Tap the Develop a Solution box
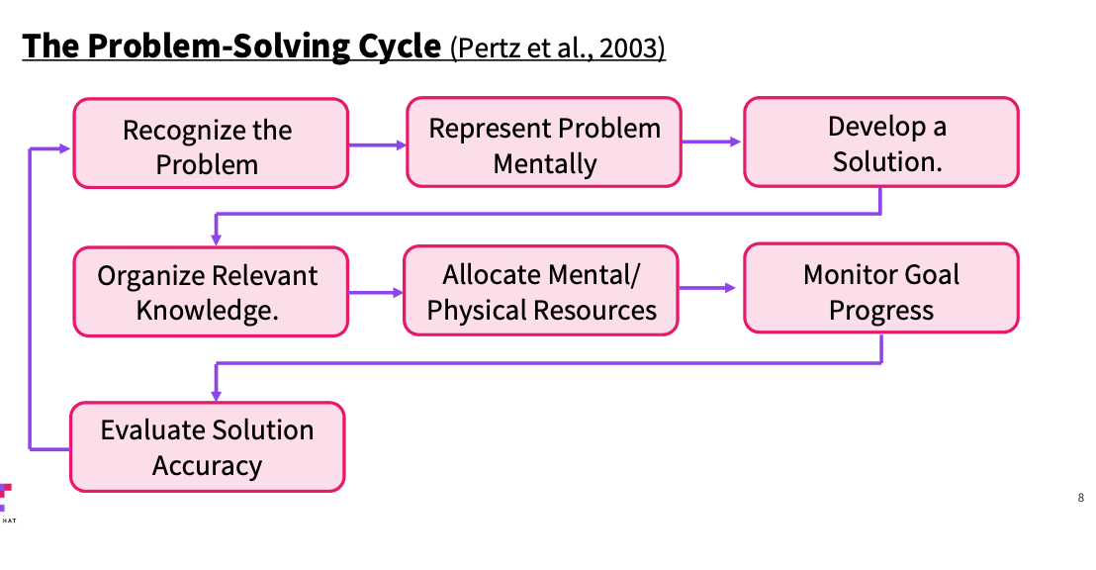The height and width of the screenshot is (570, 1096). [881, 142]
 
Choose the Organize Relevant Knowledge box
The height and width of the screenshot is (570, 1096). [211, 292]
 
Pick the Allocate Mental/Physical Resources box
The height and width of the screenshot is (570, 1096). [541, 292]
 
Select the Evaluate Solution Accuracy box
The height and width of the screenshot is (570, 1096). [207, 446]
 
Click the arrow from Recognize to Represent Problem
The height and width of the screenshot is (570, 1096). [377, 144]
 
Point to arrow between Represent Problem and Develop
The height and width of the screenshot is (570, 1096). [711, 142]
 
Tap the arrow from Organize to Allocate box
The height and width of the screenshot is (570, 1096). [376, 293]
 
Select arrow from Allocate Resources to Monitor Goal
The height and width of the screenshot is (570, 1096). [709, 288]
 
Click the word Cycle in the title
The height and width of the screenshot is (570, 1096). [398, 46]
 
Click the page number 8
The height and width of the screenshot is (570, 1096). [1080, 498]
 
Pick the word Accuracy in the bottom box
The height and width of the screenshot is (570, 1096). [207, 465]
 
